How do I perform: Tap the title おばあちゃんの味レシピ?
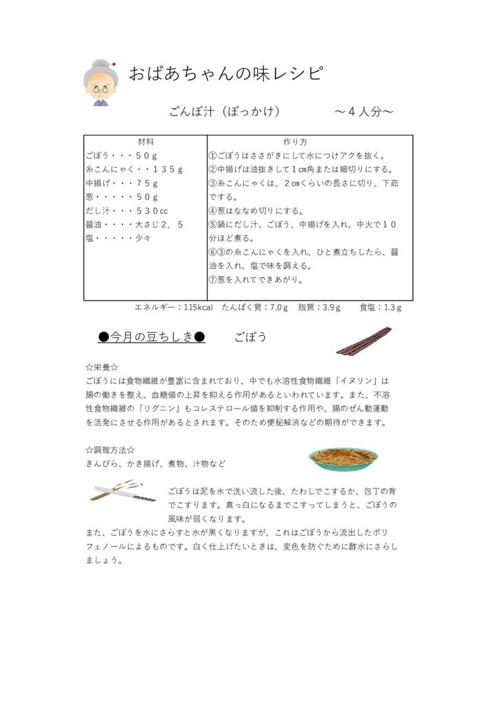(x=225, y=74)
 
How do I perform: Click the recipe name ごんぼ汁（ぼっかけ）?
(x=225, y=112)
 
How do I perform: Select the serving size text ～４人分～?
(x=364, y=112)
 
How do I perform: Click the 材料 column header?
(x=145, y=142)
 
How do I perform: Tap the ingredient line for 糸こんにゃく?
(x=134, y=170)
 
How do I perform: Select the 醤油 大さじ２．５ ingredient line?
(x=134, y=225)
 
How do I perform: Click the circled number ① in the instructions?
(x=213, y=156)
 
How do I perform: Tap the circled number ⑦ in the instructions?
(x=213, y=280)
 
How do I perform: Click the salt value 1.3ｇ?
(x=393, y=307)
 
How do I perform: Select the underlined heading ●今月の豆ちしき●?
(x=152, y=337)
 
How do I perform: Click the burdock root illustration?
(x=363, y=341)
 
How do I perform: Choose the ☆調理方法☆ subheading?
(x=110, y=450)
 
